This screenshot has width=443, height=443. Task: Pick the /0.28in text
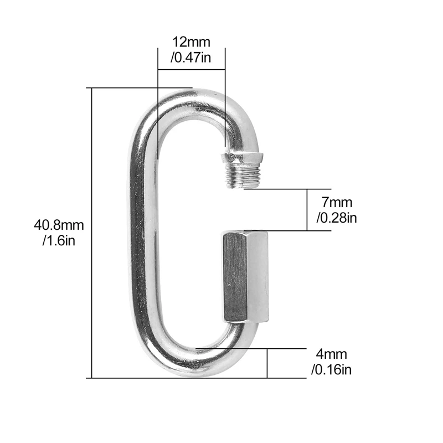pos(337,218)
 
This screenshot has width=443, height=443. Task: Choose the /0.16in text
pos(332,370)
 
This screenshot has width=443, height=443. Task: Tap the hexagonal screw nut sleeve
pos(245,276)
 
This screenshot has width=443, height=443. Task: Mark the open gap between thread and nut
pos(245,209)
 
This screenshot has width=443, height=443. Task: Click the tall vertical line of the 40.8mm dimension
pos(92,233)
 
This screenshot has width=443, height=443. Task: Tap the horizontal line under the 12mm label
pos(191,69)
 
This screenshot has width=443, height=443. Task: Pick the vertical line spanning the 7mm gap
pos(307,209)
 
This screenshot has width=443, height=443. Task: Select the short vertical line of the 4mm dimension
pos(267,363)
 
